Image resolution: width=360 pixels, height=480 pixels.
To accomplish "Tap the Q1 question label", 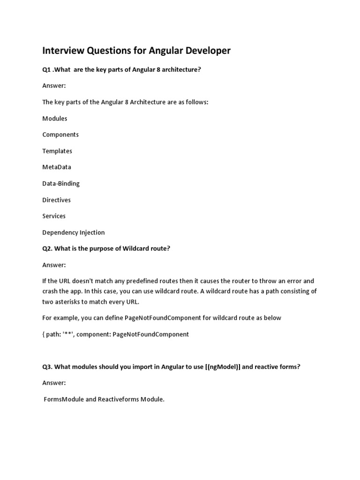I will [x=46, y=69].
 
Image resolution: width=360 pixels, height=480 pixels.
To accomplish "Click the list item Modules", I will [x=55, y=119].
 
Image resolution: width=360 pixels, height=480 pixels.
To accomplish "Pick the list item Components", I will [x=60, y=135].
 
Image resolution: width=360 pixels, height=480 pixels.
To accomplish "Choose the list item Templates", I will [x=57, y=151].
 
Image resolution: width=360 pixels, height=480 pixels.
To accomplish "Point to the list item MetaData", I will [x=57, y=167].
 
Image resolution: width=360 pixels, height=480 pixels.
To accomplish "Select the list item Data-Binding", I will [x=61, y=183].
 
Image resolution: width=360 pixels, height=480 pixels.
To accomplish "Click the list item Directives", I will [x=57, y=200].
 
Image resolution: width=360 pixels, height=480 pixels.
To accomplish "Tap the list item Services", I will [x=54, y=216].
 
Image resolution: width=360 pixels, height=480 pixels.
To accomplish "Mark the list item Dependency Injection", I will [x=74, y=232].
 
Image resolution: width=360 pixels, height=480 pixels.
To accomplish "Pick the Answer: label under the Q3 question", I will [x=54, y=383].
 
